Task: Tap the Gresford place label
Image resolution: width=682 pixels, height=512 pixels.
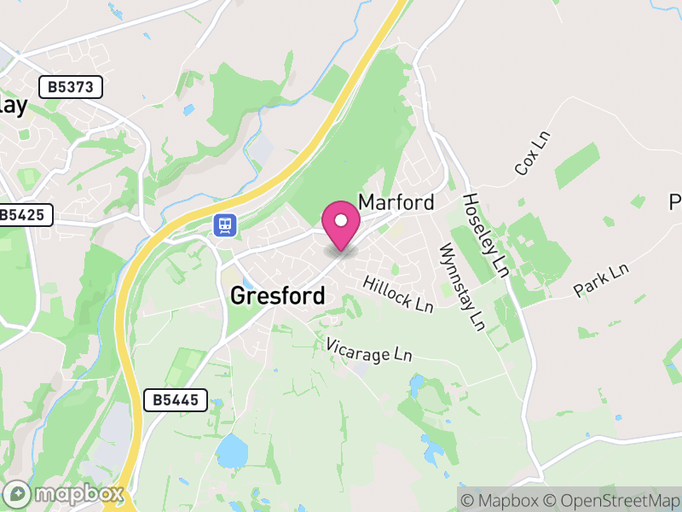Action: click(x=278, y=296)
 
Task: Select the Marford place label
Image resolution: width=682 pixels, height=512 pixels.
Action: click(x=396, y=202)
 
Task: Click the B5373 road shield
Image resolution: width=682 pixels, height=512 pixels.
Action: click(x=71, y=86)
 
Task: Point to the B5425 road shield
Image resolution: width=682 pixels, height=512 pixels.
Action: click(x=26, y=215)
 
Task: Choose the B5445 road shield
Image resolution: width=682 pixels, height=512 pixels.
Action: click(x=176, y=399)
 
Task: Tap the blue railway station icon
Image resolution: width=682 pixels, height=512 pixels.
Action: click(x=224, y=224)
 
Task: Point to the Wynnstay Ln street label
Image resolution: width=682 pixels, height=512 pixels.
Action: click(x=461, y=288)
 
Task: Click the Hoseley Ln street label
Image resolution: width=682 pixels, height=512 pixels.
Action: click(x=485, y=235)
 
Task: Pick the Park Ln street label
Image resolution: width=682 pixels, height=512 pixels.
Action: click(x=601, y=280)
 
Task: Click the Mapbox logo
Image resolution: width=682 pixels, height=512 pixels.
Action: click(x=65, y=494)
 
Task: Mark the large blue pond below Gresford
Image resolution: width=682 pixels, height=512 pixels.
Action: click(x=231, y=451)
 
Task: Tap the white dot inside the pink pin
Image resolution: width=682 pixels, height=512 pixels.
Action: click(x=342, y=220)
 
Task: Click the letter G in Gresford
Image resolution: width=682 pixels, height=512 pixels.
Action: click(x=240, y=296)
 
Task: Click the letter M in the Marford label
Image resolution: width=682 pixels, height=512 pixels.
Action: click(x=367, y=202)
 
